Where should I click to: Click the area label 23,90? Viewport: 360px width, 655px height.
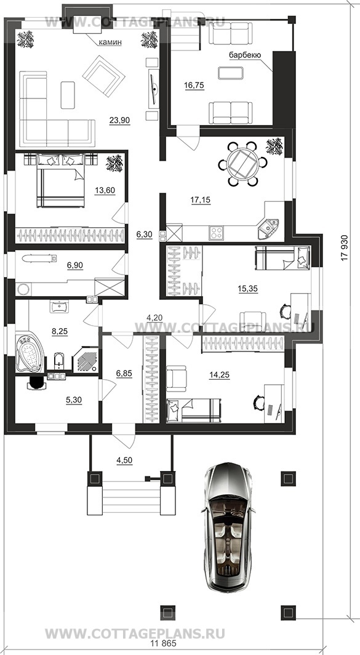click(x=120, y=121)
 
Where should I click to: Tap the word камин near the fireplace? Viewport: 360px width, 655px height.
click(x=110, y=42)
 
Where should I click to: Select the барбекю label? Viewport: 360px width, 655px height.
click(x=245, y=55)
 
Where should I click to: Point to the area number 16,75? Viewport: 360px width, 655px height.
click(x=194, y=85)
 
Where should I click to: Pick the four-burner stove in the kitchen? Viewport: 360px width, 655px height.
click(x=217, y=232)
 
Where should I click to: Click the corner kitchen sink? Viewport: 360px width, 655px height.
click(x=267, y=228)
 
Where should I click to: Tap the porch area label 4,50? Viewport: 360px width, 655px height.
click(x=124, y=460)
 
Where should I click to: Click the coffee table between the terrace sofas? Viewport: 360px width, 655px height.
click(x=231, y=73)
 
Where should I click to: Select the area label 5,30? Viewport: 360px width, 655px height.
click(x=73, y=400)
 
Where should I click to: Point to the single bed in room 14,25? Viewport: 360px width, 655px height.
click(x=193, y=410)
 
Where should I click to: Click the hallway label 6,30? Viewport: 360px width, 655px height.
click(x=145, y=235)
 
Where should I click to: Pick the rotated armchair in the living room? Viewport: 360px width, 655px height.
click(x=103, y=76)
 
